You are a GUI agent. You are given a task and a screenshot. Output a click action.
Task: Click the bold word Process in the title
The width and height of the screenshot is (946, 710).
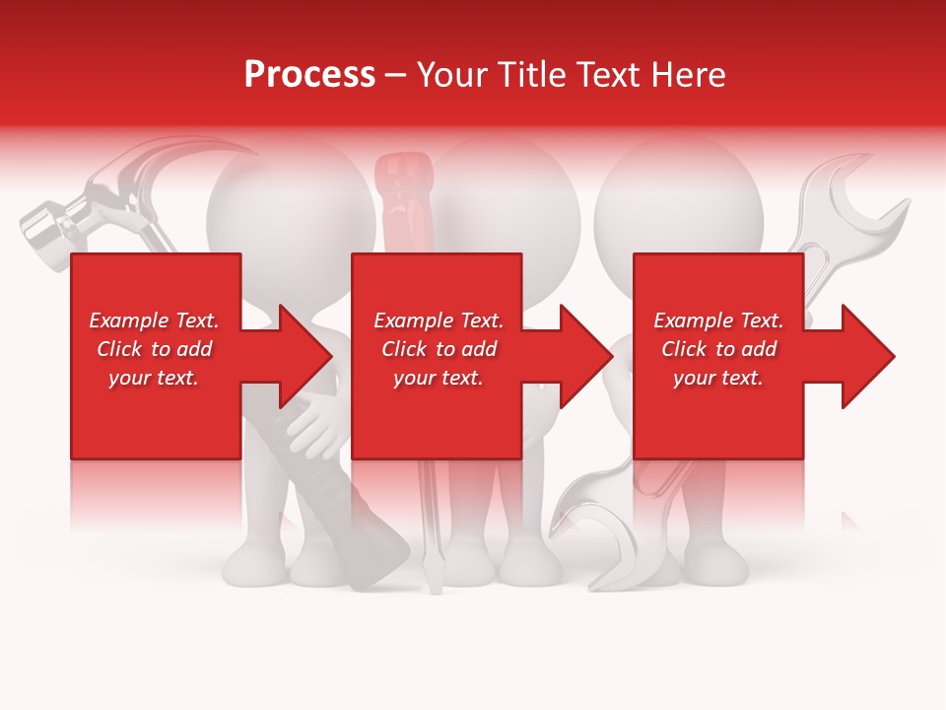point(309,75)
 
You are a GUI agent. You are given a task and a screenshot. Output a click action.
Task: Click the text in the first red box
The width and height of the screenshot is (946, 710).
point(154,349)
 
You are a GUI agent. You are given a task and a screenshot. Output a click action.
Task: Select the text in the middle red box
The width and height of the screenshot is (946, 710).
point(438,349)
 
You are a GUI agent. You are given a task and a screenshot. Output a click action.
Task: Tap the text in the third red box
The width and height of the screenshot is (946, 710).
point(718,349)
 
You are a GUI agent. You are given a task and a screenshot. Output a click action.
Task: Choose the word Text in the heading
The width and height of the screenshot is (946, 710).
point(600,75)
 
